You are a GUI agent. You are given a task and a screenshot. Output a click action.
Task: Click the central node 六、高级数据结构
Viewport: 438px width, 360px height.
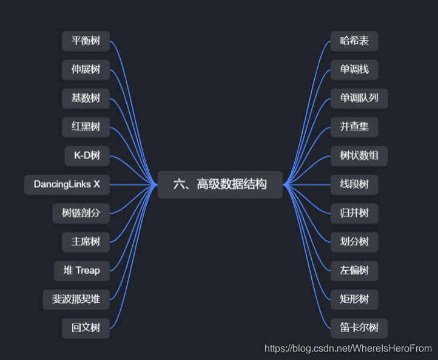point(220,185)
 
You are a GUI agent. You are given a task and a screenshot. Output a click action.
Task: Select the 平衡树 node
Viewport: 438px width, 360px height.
point(86,41)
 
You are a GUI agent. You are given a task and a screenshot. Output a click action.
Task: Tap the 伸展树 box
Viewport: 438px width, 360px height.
point(86,70)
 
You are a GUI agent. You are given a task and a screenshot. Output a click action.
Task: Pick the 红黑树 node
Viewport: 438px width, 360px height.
point(86,127)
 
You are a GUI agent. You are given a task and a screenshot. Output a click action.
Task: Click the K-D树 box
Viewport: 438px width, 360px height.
point(87,156)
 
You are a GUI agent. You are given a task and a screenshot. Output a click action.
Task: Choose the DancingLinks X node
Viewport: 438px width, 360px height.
point(67,185)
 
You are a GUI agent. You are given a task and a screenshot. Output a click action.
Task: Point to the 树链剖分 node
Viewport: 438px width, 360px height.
point(81,213)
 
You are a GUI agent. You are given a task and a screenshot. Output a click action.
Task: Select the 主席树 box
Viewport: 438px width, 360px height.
point(86,242)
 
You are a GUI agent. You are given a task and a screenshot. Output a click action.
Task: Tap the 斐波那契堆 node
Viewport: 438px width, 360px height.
point(76,299)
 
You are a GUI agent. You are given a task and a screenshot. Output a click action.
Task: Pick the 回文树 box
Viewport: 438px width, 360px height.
point(86,328)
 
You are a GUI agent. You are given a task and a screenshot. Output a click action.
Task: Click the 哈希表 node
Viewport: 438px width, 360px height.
point(354,41)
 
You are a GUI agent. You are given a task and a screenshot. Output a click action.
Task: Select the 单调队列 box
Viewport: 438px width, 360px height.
point(359,98)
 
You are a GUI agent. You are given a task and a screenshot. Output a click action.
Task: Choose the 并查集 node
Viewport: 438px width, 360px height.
point(354,127)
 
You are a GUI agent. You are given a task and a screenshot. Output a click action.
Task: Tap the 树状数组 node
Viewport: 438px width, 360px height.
point(359,156)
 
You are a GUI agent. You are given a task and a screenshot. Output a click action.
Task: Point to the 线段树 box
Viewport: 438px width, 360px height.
point(354,185)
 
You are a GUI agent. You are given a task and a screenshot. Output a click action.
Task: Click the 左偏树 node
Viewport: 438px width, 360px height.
point(354,270)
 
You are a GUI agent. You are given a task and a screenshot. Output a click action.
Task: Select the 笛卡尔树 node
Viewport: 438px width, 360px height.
point(359,328)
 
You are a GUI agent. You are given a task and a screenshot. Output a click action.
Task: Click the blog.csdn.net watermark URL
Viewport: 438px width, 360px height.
point(348,348)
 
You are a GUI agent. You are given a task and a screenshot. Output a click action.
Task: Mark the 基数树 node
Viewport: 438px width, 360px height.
point(86,98)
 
